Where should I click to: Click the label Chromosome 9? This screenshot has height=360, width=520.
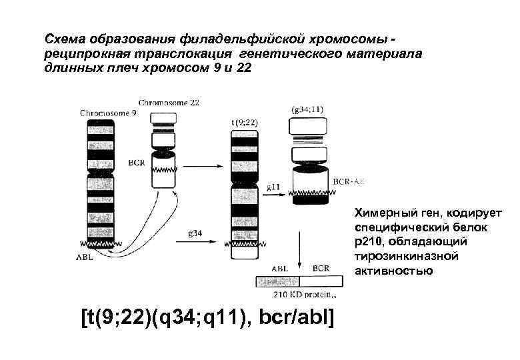tap(109, 113)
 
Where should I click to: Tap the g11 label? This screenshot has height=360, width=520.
tap(273, 187)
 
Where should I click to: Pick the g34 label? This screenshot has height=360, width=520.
tap(196, 233)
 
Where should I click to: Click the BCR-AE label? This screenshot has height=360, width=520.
tap(347, 181)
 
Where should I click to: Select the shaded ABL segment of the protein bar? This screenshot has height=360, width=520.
tap(277, 281)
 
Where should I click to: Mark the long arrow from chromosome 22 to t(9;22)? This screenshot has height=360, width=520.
tap(201, 166)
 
